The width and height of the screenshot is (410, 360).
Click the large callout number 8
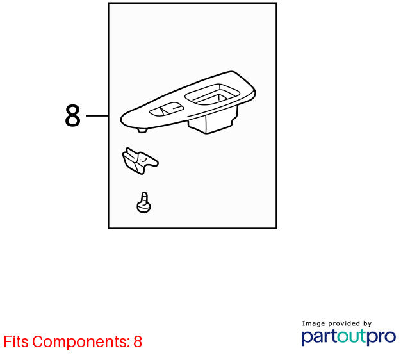point(72,115)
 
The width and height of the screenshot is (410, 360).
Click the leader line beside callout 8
point(97,115)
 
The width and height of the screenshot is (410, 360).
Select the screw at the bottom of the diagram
point(143,202)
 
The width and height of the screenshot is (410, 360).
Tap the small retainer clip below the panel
point(140,161)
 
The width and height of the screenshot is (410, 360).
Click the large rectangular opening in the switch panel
point(212,95)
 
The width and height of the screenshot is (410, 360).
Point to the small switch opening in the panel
point(167,109)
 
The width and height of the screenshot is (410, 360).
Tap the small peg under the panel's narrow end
point(142,130)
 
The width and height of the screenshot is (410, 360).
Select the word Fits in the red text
point(16,341)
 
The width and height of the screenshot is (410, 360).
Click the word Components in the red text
point(81,342)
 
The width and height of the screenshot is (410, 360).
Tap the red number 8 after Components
point(138,341)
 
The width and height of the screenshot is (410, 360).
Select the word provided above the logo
point(344,323)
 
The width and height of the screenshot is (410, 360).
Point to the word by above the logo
point(367,324)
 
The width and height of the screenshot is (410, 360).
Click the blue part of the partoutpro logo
point(319,337)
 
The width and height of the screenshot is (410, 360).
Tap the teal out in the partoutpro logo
point(352,336)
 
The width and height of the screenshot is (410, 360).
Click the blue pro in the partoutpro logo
point(382,337)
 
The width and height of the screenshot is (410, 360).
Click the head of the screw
point(143,208)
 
